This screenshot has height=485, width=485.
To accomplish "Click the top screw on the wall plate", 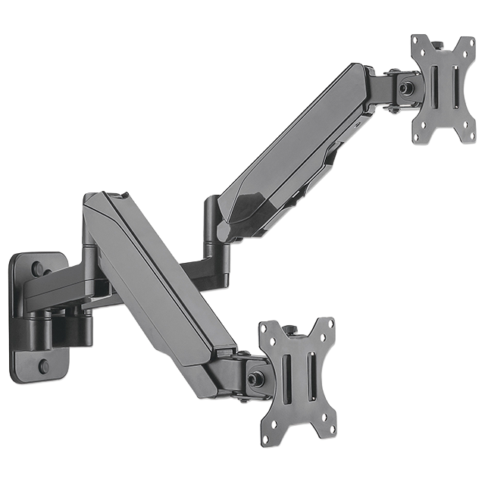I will coord(37,268).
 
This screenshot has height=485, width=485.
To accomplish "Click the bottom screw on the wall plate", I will coord(42,366).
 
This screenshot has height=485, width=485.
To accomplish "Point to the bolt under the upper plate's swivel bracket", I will coord(394,109).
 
